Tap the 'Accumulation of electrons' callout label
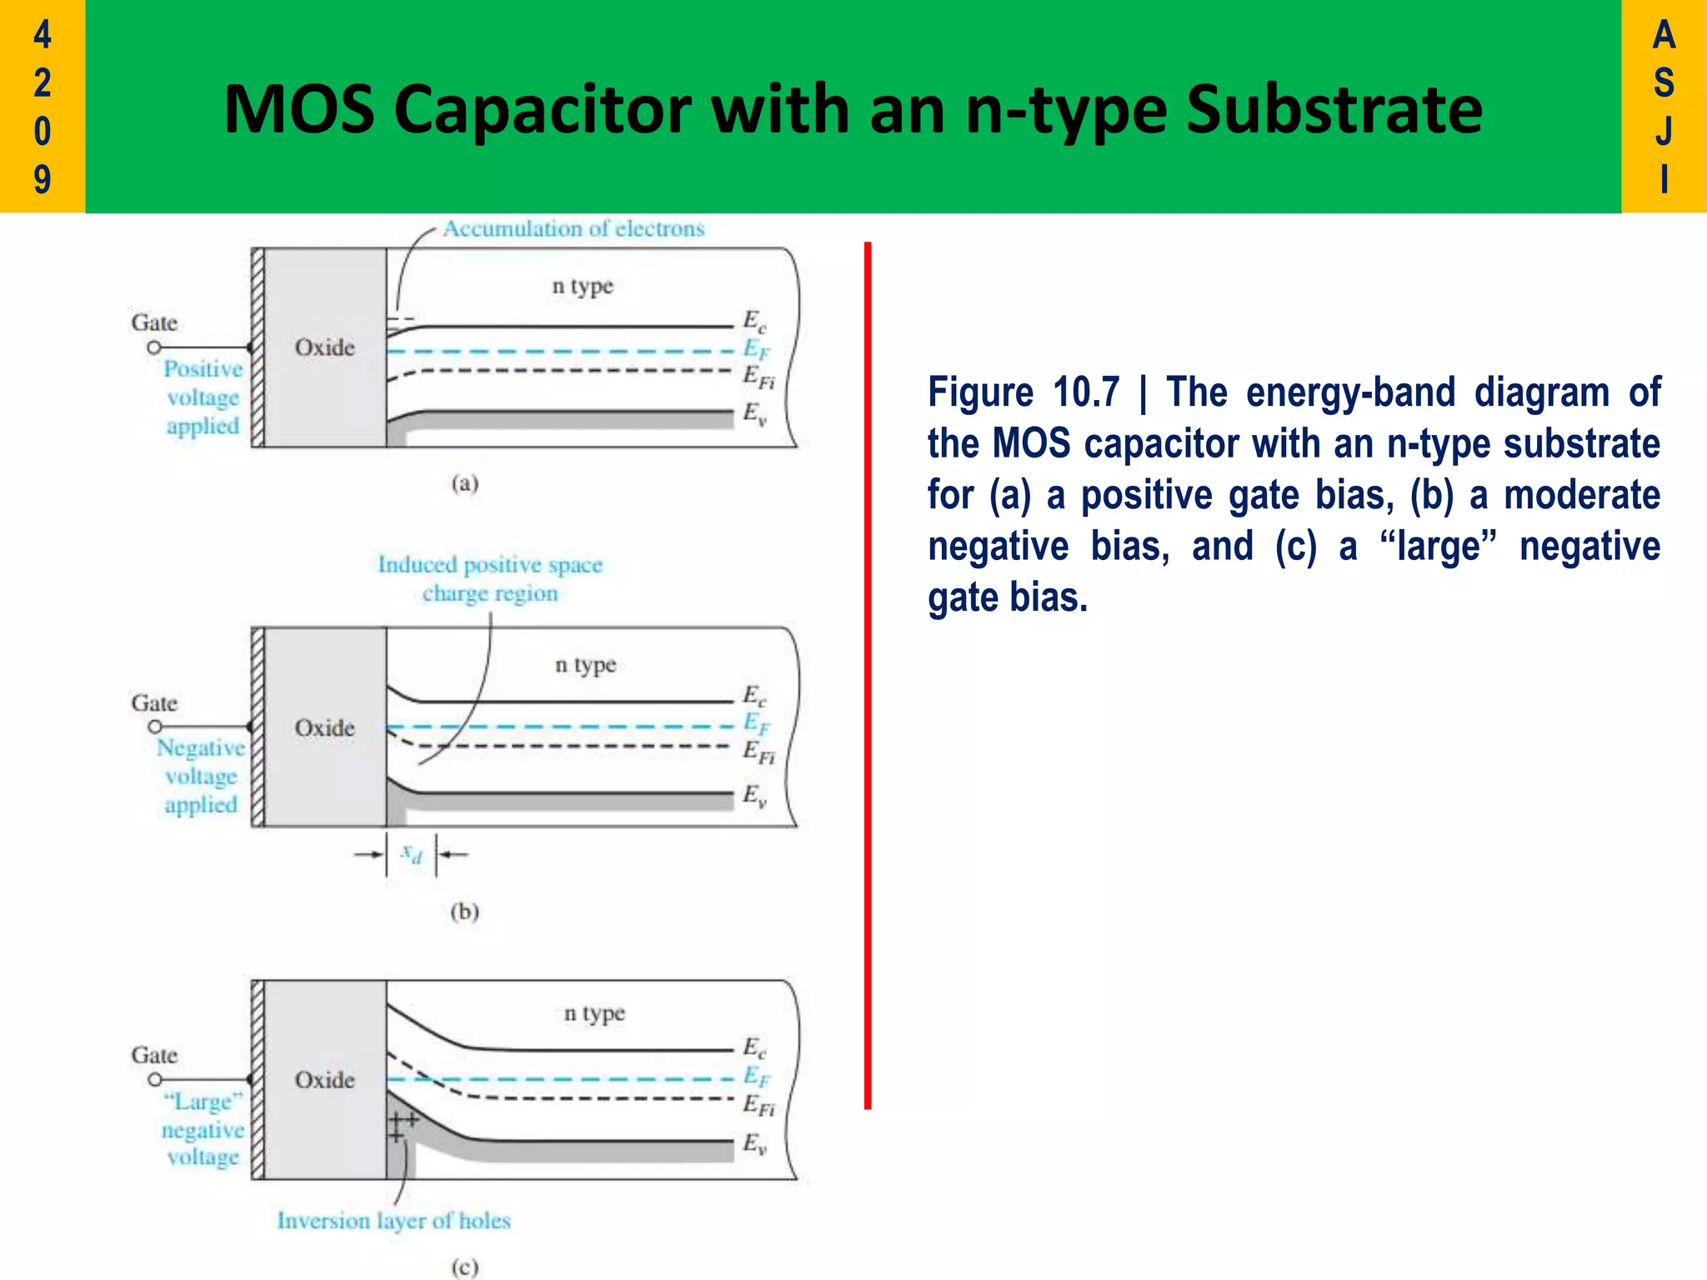pyautogui.click(x=573, y=228)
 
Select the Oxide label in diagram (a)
pyautogui.click(x=324, y=347)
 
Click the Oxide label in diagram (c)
pyautogui.click(x=324, y=1080)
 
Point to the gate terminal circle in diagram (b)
pyautogui.click(x=154, y=727)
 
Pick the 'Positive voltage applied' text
pyautogui.click(x=203, y=397)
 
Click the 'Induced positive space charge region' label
pyautogui.click(x=490, y=578)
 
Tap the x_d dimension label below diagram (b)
pyautogui.click(x=412, y=853)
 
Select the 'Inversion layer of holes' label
pyautogui.click(x=393, y=1221)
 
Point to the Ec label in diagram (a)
pyautogui.click(x=754, y=321)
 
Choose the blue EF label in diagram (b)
pyautogui.click(x=756, y=722)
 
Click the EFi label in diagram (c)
pyautogui.click(x=758, y=1105)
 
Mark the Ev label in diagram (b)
pyautogui.click(x=754, y=795)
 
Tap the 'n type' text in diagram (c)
pyautogui.click(x=594, y=1014)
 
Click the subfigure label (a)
pyautogui.click(x=465, y=483)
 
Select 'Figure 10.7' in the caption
pyautogui.click(x=1024, y=392)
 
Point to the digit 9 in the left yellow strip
pyautogui.click(x=42, y=179)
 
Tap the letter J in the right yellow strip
pyautogui.click(x=1664, y=131)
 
